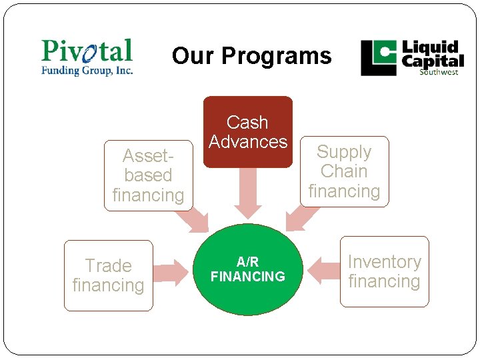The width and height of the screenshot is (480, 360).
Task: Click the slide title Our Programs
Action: click(x=251, y=56)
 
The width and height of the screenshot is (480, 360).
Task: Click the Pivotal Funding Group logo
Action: click(x=87, y=57)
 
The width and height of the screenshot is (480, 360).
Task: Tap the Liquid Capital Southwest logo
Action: click(x=412, y=58)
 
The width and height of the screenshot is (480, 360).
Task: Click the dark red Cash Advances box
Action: click(x=247, y=131)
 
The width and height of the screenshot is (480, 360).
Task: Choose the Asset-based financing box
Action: click(x=148, y=175)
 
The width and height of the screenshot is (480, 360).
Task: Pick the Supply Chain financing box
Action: click(x=344, y=171)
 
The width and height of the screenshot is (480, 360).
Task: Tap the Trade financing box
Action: click(x=108, y=275)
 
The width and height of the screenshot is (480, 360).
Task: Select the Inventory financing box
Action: click(x=384, y=271)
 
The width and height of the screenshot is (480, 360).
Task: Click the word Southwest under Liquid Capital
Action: click(x=438, y=72)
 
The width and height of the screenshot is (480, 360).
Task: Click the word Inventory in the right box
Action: click(x=384, y=262)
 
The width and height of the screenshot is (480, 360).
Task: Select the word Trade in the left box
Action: click(x=108, y=266)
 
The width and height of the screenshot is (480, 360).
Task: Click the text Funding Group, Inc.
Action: click(x=87, y=70)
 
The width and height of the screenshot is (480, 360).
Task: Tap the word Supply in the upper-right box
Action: click(x=344, y=152)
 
